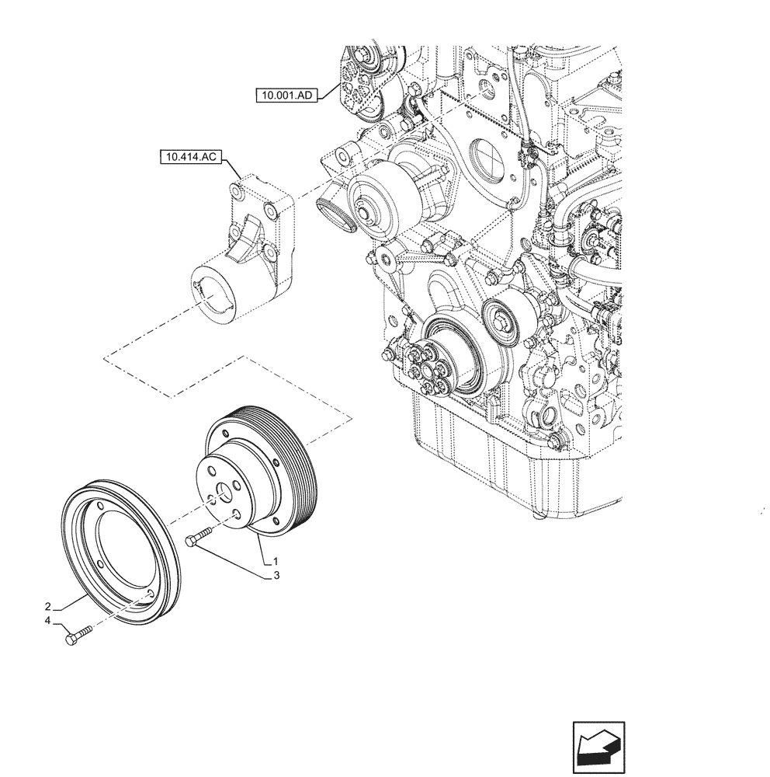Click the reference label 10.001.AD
[285, 96]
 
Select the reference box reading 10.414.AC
[189, 159]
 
